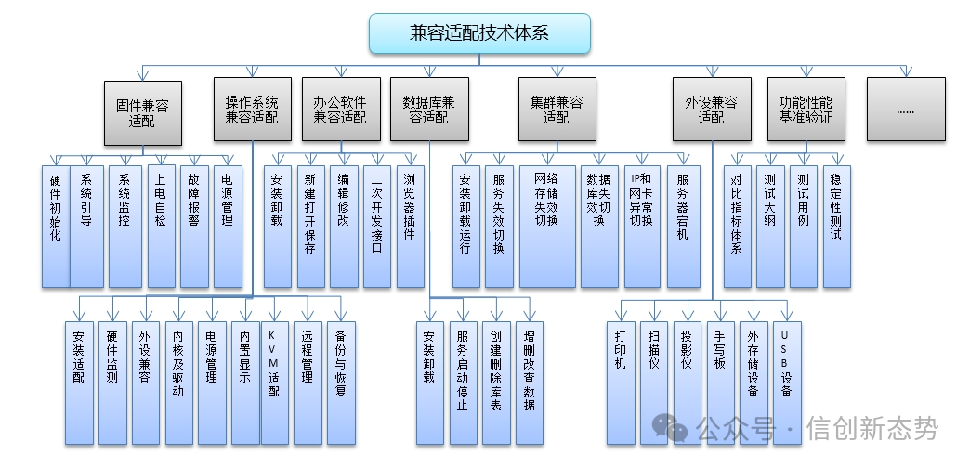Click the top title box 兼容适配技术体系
pyautogui.click(x=479, y=33)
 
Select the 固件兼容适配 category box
pyautogui.click(x=142, y=111)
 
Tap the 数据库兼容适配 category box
pyautogui.click(x=428, y=110)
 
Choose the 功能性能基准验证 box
pyautogui.click(x=806, y=110)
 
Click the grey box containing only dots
pyautogui.click(x=905, y=110)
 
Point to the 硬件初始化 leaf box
pyautogui.click(x=55, y=226)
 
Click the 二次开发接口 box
pyautogui.click(x=376, y=226)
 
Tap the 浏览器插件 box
pyautogui.click(x=409, y=226)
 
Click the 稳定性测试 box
pyautogui.click(x=835, y=226)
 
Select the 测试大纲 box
pyautogui.click(x=769, y=226)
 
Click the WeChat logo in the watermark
pyautogui.click(x=671, y=428)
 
